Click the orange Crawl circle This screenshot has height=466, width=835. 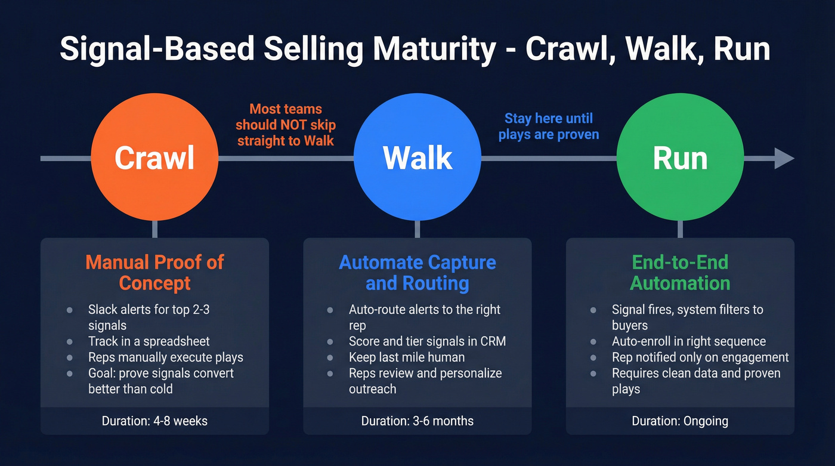click(154, 158)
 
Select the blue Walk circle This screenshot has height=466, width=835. click(417, 158)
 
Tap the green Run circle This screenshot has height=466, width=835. click(680, 158)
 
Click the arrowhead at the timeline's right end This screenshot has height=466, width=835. click(784, 159)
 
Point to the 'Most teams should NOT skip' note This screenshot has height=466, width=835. click(286, 125)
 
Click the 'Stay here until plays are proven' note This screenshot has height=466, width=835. click(549, 126)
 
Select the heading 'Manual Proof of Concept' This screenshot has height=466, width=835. click(154, 272)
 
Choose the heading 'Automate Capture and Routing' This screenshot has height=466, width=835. click(417, 272)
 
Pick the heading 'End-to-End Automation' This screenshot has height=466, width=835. click(680, 272)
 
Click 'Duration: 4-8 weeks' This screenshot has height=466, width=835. click(154, 421)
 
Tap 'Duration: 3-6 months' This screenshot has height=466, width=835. click(417, 421)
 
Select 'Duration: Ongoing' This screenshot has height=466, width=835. click(680, 421)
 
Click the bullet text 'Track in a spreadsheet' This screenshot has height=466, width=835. click(149, 341)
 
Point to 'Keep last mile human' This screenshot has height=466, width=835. click(406, 357)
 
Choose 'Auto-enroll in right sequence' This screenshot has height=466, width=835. click(688, 341)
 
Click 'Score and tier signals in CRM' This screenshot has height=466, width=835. click(427, 341)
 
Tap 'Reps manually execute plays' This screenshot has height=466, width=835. click(165, 357)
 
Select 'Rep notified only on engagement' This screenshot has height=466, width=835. click(700, 357)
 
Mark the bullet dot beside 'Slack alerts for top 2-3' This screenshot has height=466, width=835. click(70, 310)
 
